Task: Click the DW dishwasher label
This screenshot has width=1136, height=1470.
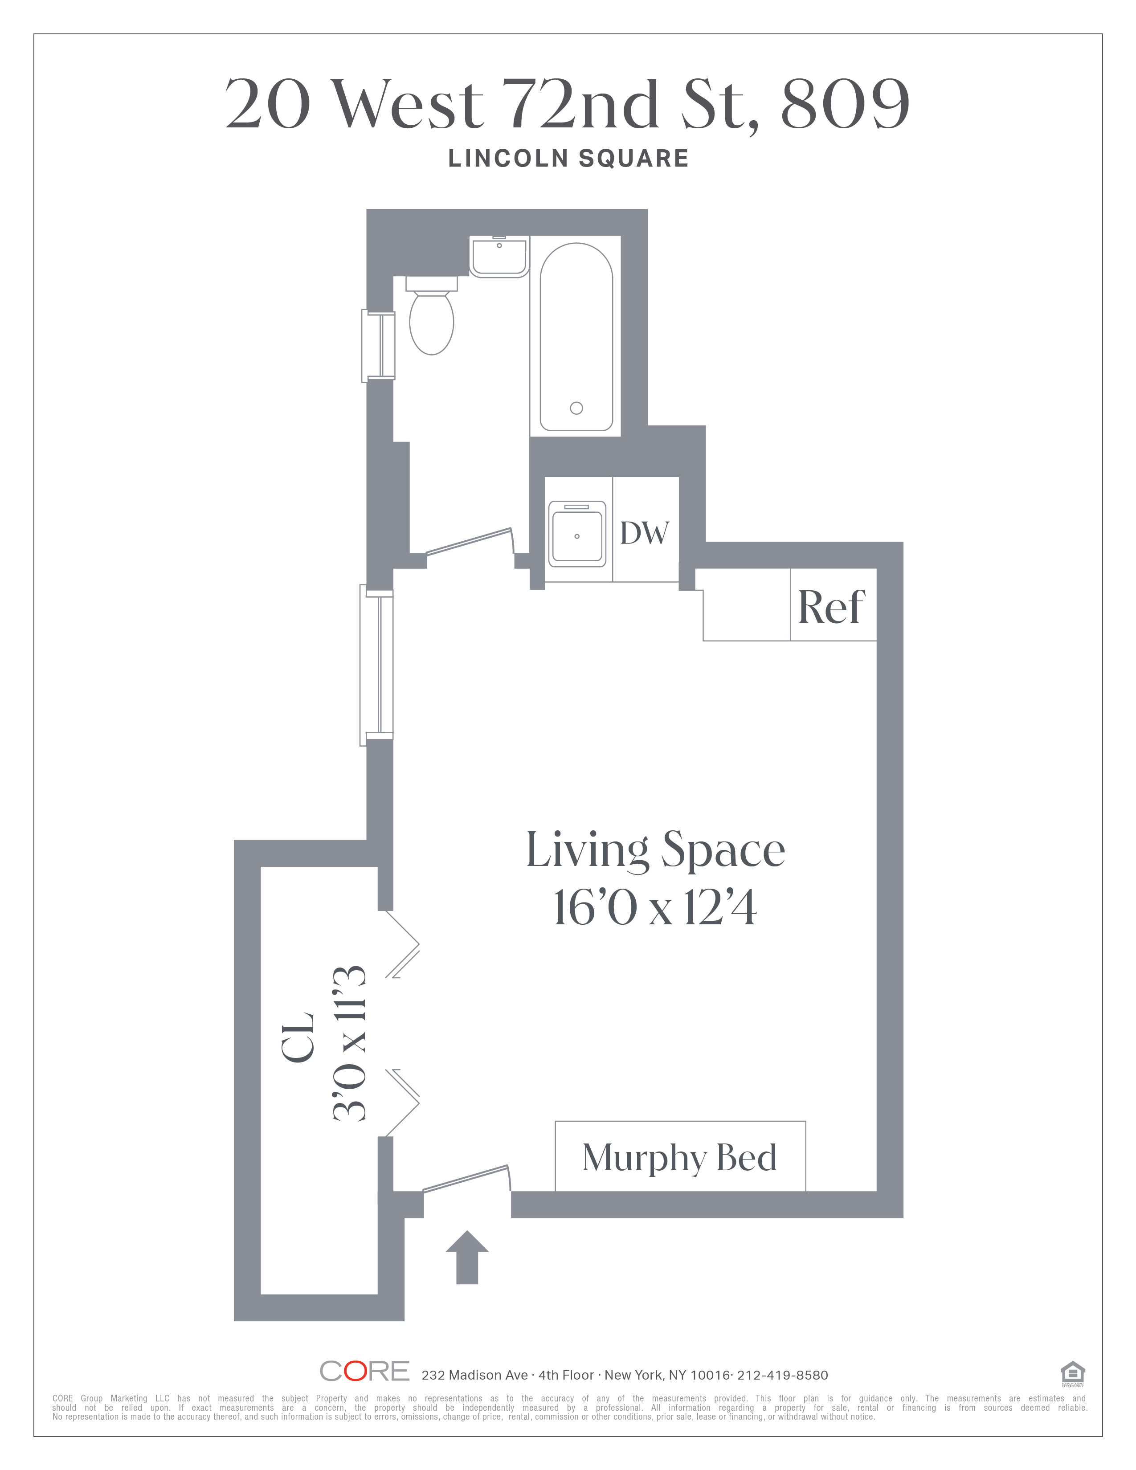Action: pyautogui.click(x=644, y=533)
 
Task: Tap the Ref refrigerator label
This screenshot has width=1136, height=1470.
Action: pyautogui.click(x=831, y=607)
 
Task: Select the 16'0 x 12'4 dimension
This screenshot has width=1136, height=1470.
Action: pyautogui.click(x=655, y=908)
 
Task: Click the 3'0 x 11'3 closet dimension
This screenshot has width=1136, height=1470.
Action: pyautogui.click(x=350, y=1043)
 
